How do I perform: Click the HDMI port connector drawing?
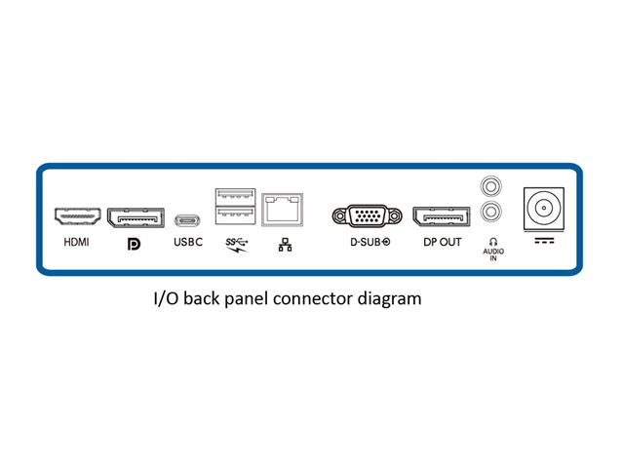pyautogui.click(x=76, y=215)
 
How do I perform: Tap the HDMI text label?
pyautogui.click(x=76, y=242)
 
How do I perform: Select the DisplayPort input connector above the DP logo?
pyautogui.click(x=135, y=215)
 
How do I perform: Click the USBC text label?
pyautogui.click(x=187, y=242)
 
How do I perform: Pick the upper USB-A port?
pyautogui.click(x=234, y=196)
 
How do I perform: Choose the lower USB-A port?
pyautogui.click(x=234, y=215)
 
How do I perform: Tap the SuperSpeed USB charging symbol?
pyautogui.click(x=235, y=244)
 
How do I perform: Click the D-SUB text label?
pyautogui.click(x=370, y=242)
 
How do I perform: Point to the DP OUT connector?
pyautogui.click(x=442, y=215)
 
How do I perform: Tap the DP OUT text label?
pyautogui.click(x=442, y=242)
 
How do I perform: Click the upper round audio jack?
pyautogui.click(x=493, y=185)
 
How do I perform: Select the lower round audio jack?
pyautogui.click(x=493, y=211)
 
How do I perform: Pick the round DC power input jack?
pyautogui.click(x=544, y=208)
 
